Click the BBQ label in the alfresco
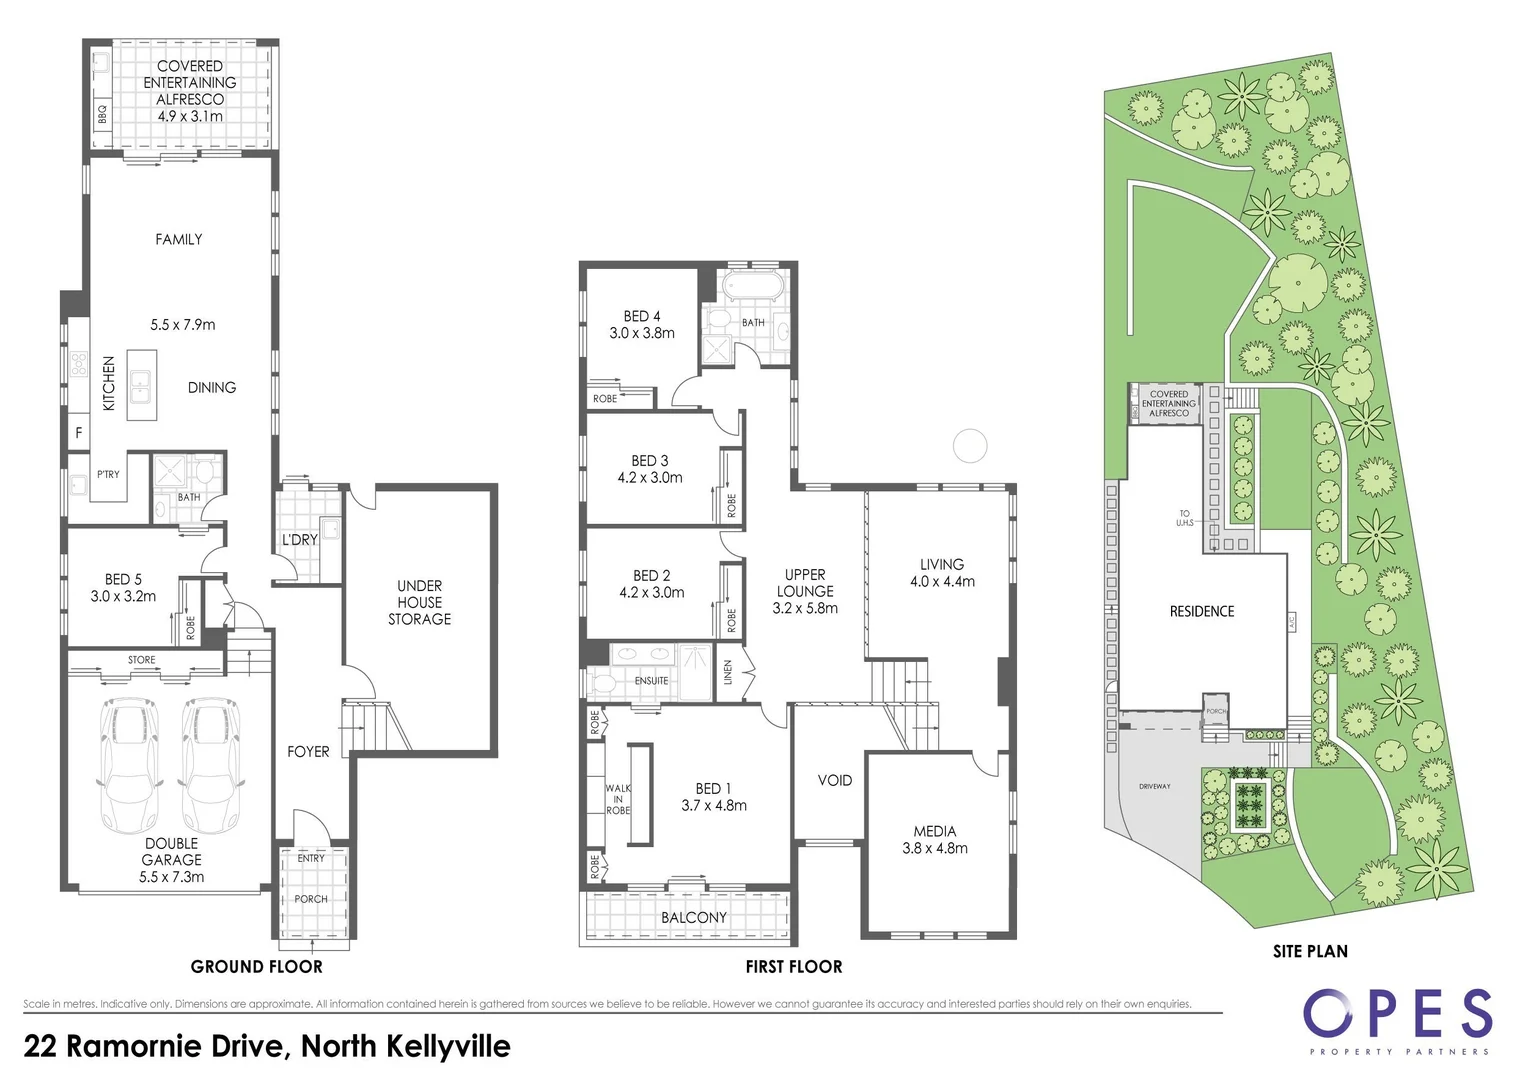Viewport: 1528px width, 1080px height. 102,115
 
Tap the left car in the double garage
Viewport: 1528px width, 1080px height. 129,766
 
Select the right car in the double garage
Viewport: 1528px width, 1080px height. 210,766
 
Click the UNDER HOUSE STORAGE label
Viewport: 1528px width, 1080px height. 419,602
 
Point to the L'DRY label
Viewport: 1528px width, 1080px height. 299,540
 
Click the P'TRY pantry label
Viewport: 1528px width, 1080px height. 108,474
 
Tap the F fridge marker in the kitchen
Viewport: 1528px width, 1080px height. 79,433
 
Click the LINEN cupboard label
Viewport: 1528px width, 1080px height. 728,672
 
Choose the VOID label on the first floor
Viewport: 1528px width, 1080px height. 835,780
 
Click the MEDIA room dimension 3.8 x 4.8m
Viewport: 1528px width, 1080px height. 935,848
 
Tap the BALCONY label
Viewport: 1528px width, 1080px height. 694,917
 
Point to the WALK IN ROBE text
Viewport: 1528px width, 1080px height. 618,799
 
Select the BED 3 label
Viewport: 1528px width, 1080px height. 650,460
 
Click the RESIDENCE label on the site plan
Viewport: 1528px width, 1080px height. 1202,611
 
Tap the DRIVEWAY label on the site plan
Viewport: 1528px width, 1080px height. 1154,786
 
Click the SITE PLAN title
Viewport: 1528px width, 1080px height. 1310,951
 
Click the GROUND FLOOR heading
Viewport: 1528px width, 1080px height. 257,966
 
